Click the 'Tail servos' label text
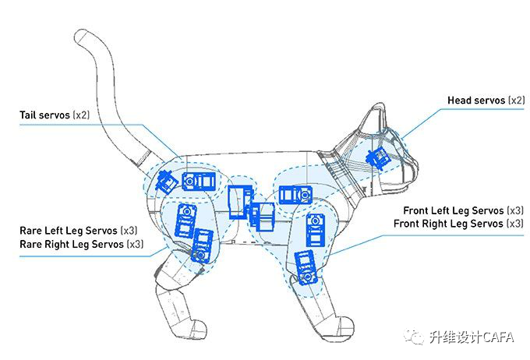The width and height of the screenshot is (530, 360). (44, 115)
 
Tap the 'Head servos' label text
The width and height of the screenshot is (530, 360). (475, 101)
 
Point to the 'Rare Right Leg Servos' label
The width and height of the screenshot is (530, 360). (71, 244)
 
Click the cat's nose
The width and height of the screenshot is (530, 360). (415, 166)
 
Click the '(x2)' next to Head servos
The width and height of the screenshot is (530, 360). (516, 101)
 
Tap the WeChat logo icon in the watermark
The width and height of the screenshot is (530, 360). (414, 337)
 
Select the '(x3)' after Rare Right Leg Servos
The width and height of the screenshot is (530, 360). (135, 244)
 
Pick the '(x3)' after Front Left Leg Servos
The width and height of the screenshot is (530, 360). (514, 211)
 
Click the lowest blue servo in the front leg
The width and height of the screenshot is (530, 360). (304, 266)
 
